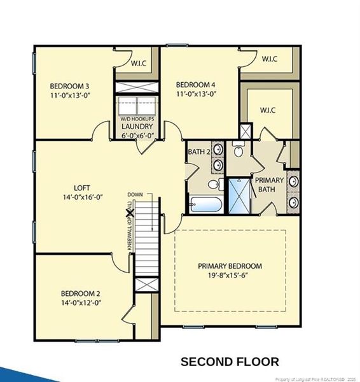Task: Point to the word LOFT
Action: (82, 188)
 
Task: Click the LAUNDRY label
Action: (136, 126)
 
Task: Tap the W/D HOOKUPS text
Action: (137, 118)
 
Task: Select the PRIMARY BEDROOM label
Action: (230, 266)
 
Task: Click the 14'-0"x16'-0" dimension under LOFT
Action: (82, 199)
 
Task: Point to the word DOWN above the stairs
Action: (135, 194)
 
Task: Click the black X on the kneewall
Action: (130, 215)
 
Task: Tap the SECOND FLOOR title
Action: (230, 362)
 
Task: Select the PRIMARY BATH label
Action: (270, 185)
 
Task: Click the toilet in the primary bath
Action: (239, 150)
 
